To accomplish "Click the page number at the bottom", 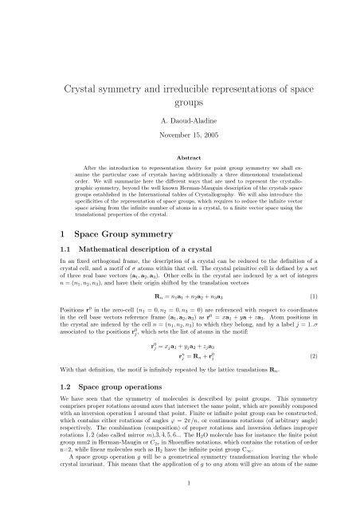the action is tap(179, 481).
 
